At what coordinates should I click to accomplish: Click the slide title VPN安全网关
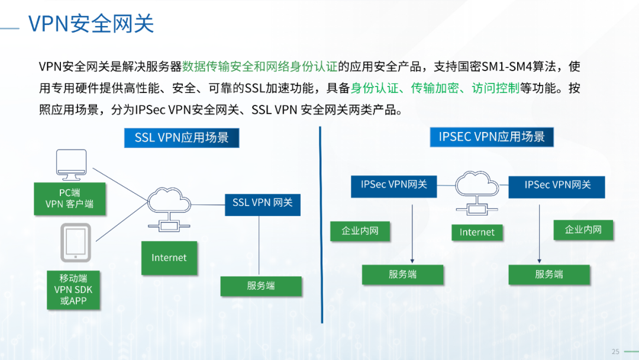pos(91,24)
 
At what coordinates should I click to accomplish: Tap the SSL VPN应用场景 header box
pos(182,138)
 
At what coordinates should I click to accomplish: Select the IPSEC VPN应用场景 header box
pos(492,137)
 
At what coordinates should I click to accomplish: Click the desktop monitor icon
pos(71,165)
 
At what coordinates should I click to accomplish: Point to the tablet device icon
pos(75,242)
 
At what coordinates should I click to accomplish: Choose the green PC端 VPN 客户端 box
pos(69,198)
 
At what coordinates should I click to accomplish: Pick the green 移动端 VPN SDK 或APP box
pos(73,290)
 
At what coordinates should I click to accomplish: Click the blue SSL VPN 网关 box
pos(262,202)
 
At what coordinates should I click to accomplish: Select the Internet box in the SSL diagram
pos(169,258)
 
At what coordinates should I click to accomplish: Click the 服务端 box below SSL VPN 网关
pos(261,285)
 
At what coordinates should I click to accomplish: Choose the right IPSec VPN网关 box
pos(557,185)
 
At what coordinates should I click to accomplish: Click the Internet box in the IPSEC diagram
pos(477,232)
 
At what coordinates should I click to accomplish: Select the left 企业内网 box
pos(360,231)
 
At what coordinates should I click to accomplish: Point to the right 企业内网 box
pos(583,230)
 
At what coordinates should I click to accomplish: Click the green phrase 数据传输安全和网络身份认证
pos(260,66)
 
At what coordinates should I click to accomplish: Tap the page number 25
pos(615,352)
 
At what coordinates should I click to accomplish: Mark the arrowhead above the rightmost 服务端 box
pos(539,259)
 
